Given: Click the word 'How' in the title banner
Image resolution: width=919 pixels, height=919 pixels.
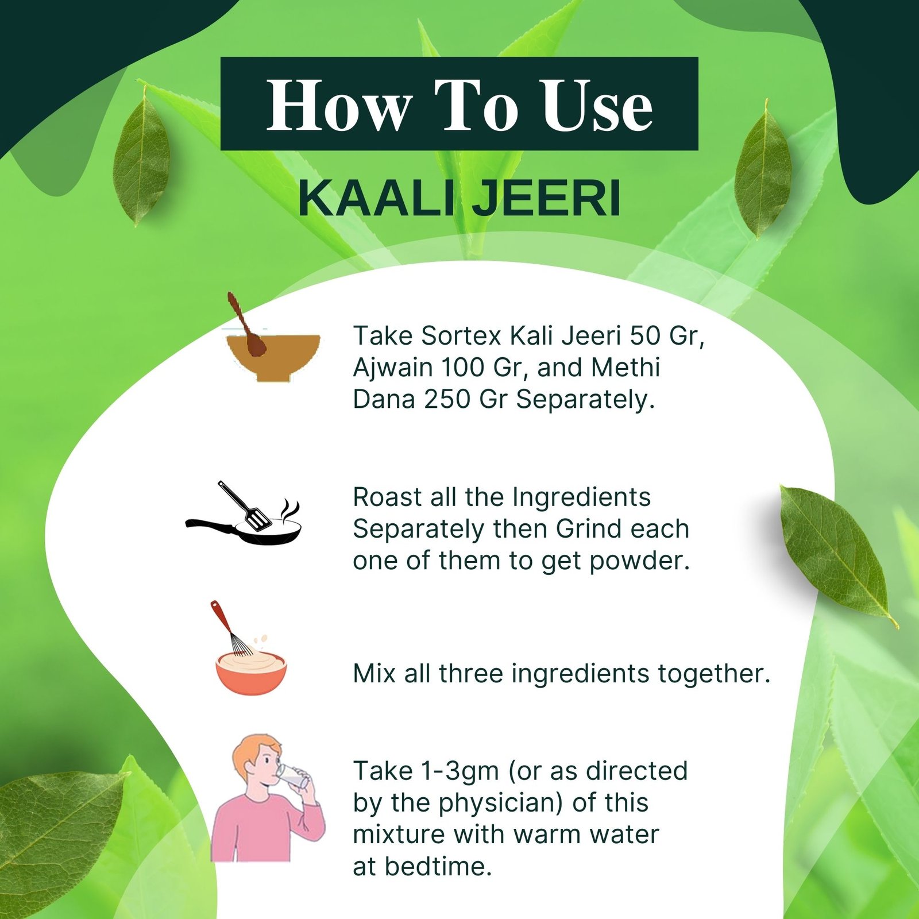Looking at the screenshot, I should (x=339, y=106).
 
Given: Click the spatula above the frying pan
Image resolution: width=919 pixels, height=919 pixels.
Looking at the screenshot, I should (x=247, y=505).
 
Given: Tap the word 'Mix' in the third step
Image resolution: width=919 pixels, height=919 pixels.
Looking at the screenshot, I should (x=374, y=674).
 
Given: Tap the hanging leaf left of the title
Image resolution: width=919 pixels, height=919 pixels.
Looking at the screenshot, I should (x=141, y=158).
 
